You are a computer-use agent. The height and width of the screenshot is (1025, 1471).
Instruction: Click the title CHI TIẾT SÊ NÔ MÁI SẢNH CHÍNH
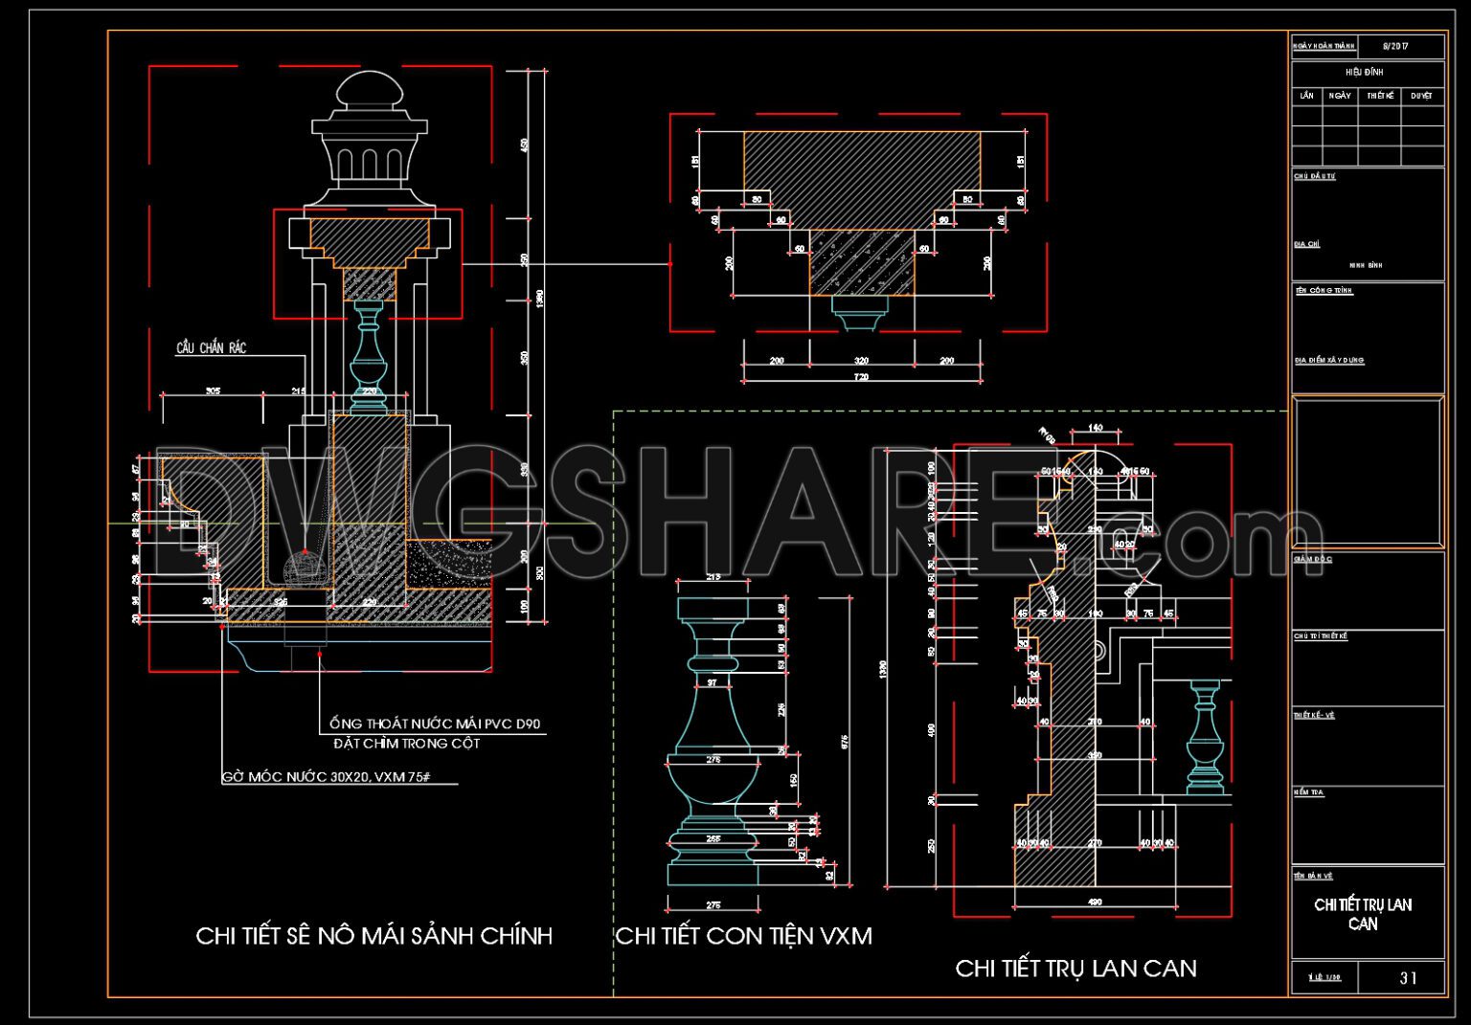[x=373, y=935]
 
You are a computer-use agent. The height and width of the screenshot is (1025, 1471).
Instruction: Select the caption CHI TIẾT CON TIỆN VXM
[x=743, y=935]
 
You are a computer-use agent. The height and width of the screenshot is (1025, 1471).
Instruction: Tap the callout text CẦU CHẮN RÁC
[x=211, y=347]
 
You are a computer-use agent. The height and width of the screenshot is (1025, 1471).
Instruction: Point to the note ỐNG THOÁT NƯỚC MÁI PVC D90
[x=437, y=724]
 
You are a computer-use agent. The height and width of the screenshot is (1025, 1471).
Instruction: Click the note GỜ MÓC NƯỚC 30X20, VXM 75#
[x=326, y=777]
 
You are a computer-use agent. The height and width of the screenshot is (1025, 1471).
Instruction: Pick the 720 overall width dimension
[x=861, y=377]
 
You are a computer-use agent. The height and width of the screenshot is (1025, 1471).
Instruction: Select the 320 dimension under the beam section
[x=861, y=361]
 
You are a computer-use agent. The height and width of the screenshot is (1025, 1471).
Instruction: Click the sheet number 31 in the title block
[x=1408, y=977]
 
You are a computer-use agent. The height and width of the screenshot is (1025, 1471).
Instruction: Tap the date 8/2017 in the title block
[x=1395, y=46]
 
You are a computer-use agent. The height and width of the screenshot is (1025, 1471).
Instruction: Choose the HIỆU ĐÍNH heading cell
[x=1364, y=72]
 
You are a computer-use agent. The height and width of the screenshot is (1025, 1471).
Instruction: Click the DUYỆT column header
[x=1421, y=96]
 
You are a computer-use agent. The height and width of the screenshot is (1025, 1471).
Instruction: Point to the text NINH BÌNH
[x=1365, y=265]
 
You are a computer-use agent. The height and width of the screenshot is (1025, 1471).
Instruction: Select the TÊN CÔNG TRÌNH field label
[x=1324, y=291]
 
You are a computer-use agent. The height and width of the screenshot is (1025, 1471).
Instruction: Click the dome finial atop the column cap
[x=369, y=93]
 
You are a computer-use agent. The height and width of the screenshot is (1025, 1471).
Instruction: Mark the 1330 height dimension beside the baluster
[x=883, y=669]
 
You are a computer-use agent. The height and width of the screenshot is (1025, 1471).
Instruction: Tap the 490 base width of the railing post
[x=1096, y=902]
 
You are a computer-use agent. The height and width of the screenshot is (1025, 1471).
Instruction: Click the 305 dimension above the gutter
[x=213, y=391]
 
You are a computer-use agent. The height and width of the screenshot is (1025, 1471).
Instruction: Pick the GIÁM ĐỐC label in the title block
[x=1312, y=559]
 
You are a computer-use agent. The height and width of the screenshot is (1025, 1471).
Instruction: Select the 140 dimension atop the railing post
[x=1096, y=428]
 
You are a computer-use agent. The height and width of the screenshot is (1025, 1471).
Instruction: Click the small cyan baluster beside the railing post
[x=1206, y=737]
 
